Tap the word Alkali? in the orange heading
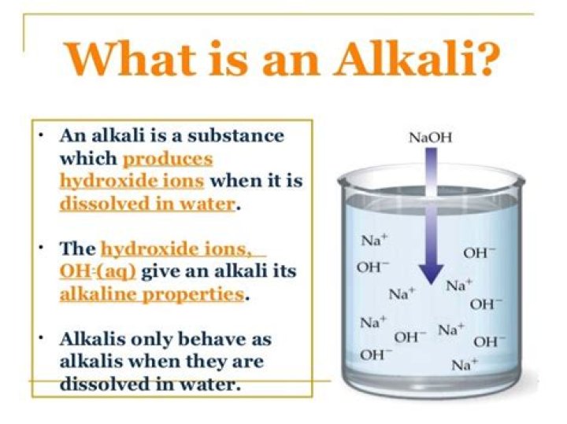[x=417, y=58]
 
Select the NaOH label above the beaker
[x=430, y=138]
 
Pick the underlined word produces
[x=168, y=159]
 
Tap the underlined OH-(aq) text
[x=98, y=271]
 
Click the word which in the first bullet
[x=88, y=158]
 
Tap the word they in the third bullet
[x=206, y=361]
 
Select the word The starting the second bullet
[x=77, y=249]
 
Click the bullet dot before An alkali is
[x=41, y=136]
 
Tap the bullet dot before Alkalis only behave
[x=41, y=339]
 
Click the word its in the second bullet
[x=284, y=271]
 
